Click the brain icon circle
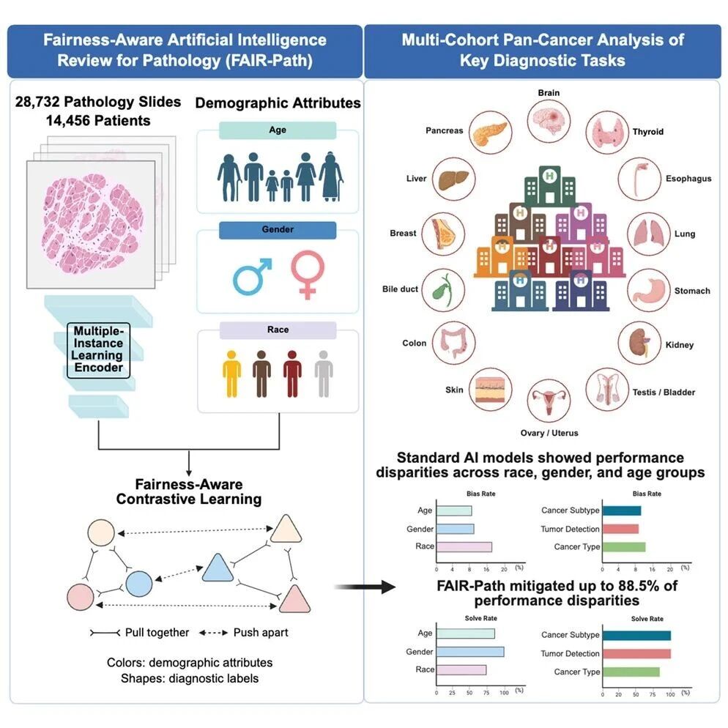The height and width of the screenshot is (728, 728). click(549, 121)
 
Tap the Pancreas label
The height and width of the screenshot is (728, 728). click(445, 130)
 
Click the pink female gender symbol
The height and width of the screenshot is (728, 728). click(308, 275)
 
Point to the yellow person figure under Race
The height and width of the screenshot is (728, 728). click(231, 374)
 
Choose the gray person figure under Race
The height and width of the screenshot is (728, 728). click(324, 374)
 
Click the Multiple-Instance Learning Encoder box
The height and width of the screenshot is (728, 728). click(98, 350)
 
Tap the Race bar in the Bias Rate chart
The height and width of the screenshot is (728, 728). click(464, 547)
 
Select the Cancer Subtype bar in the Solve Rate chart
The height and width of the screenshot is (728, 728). click(636, 635)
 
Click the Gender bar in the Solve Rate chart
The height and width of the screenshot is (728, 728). click(470, 652)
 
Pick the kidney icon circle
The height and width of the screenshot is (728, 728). click(639, 343)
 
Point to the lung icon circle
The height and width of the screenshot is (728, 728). click(649, 234)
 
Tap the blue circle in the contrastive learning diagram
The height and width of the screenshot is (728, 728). click(139, 584)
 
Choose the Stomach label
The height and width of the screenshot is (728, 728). click(692, 291)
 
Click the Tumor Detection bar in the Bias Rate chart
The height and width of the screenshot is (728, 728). click(620, 529)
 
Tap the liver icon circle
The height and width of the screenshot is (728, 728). click(453, 179)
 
